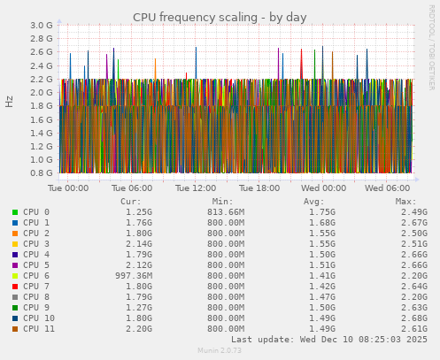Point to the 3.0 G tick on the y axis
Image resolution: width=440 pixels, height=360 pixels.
42,26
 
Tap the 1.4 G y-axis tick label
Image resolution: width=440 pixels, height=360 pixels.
42,133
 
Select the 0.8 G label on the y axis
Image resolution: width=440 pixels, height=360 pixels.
42,173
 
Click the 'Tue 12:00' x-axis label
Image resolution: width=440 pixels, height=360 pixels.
196,188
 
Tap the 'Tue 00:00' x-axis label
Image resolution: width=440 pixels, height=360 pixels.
68,188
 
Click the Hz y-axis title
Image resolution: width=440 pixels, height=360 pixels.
10,101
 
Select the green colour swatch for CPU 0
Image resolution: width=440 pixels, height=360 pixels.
15,212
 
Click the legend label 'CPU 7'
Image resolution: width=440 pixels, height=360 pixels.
37,287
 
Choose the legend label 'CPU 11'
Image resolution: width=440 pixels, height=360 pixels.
40,329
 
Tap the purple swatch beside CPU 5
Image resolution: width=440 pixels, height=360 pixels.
15,265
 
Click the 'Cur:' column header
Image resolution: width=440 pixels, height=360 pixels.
130,202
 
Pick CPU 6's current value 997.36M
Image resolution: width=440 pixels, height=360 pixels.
127,276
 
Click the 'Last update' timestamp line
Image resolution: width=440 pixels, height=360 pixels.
328,339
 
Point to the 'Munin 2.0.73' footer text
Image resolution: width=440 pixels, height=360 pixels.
220,351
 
